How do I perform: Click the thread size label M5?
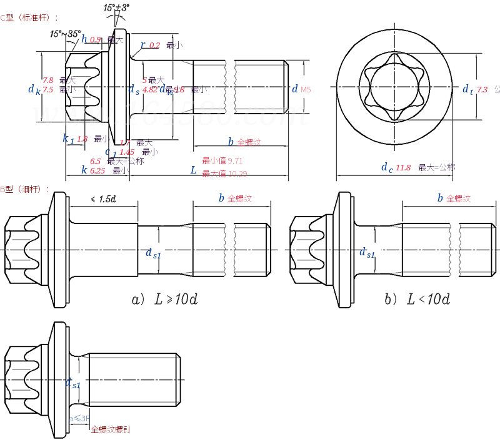click(x=305, y=90)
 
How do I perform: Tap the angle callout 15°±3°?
click(x=117, y=8)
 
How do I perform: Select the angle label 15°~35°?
click(x=66, y=33)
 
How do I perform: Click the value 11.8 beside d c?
click(x=403, y=167)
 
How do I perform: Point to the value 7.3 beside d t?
click(x=481, y=90)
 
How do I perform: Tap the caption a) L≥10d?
click(x=165, y=300)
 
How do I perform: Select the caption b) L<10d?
click(x=417, y=300)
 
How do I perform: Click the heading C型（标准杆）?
click(x=29, y=17)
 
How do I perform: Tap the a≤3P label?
click(x=79, y=418)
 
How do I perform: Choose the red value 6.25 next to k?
click(x=97, y=170)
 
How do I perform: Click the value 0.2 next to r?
click(x=154, y=45)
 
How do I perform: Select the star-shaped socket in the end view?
click(x=393, y=87)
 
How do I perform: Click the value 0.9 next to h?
click(x=96, y=39)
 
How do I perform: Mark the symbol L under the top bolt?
click(x=194, y=170)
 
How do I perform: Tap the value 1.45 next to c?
click(x=127, y=152)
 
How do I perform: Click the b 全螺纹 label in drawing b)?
click(x=454, y=198)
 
